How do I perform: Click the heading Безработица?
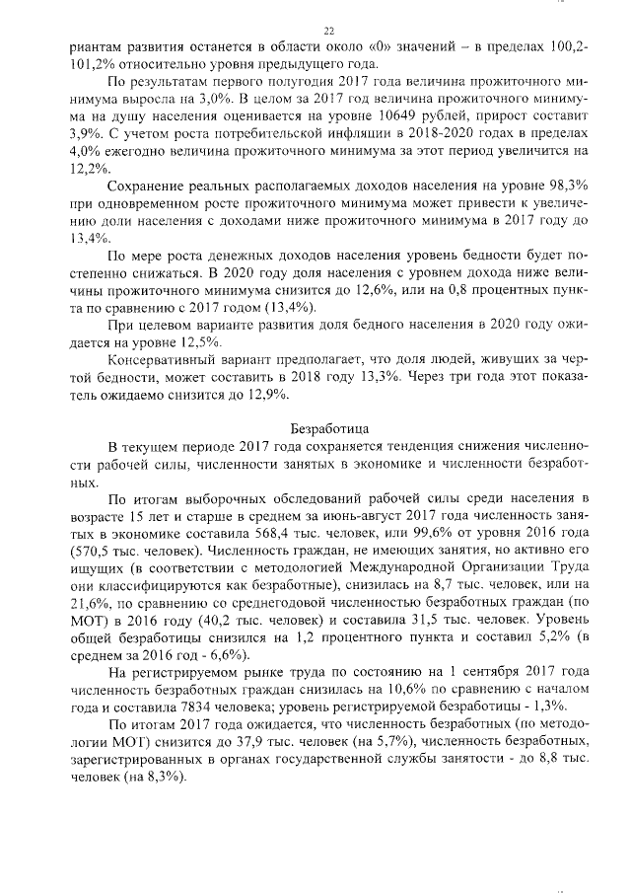[x=329, y=428]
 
